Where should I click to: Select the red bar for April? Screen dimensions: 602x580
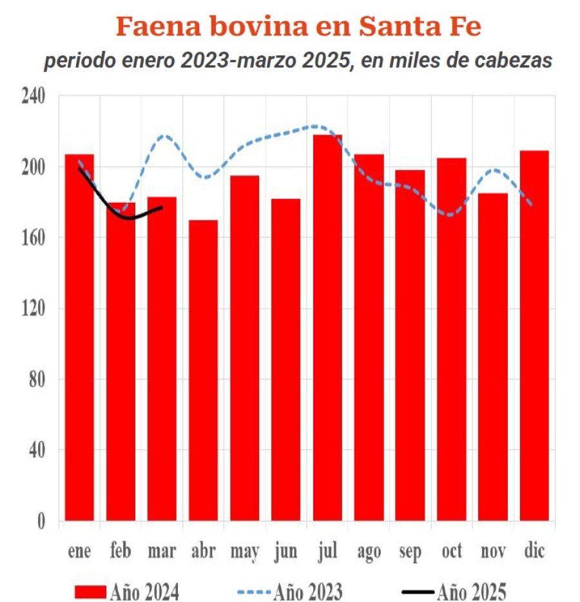click(x=203, y=370)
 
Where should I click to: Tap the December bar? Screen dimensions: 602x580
click(x=534, y=335)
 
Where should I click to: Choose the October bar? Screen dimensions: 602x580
click(x=451, y=339)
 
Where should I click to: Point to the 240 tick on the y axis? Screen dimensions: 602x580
click(x=34, y=97)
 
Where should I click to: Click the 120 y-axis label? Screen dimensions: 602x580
click(x=34, y=309)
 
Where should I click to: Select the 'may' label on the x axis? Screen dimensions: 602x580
click(x=244, y=552)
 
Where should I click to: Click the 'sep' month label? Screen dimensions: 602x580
click(x=410, y=552)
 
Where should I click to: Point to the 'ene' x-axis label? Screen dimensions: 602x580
click(x=80, y=552)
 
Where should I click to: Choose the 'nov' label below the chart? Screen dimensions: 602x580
click(x=493, y=552)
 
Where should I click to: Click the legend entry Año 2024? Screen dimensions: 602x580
click(x=144, y=590)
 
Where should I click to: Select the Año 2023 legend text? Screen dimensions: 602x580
click(x=307, y=590)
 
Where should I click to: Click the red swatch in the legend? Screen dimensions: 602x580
click(x=90, y=590)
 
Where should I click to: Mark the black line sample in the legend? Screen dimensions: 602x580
click(x=413, y=590)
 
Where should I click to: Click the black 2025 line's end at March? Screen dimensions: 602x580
click(x=161, y=207)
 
